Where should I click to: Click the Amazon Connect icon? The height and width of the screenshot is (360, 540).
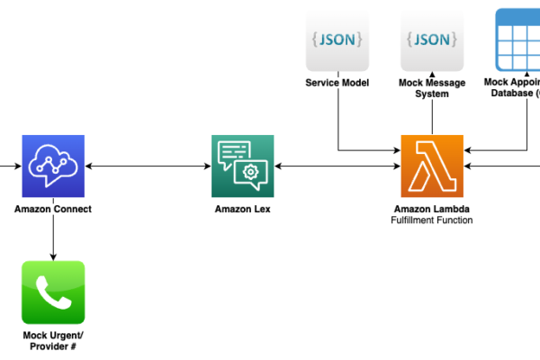click(x=53, y=166)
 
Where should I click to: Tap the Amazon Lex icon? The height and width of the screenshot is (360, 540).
click(x=243, y=166)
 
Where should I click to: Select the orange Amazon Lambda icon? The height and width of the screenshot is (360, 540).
click(x=432, y=166)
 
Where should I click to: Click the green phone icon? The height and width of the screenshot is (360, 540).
click(x=53, y=292)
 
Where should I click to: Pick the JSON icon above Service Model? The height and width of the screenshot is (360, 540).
click(x=337, y=40)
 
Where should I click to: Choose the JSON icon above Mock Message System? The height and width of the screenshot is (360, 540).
click(x=432, y=40)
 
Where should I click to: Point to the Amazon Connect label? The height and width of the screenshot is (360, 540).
click(x=53, y=209)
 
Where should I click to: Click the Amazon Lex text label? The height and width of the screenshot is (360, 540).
click(x=243, y=209)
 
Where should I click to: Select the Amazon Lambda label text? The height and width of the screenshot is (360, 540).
click(x=432, y=209)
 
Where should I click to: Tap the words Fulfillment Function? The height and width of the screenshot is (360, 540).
click(x=432, y=220)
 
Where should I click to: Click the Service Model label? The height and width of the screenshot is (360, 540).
click(x=337, y=83)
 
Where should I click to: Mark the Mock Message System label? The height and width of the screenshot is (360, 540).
click(x=432, y=88)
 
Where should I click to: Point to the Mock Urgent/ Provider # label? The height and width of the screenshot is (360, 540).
click(x=53, y=340)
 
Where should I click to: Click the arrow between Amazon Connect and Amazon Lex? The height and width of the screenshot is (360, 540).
click(x=148, y=166)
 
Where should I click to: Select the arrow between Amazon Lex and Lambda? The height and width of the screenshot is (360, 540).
click(x=337, y=166)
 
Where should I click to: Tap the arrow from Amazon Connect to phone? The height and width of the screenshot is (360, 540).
click(x=53, y=238)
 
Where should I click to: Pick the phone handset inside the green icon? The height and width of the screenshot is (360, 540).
click(x=53, y=292)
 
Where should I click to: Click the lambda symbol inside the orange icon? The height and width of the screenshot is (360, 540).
click(x=432, y=166)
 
